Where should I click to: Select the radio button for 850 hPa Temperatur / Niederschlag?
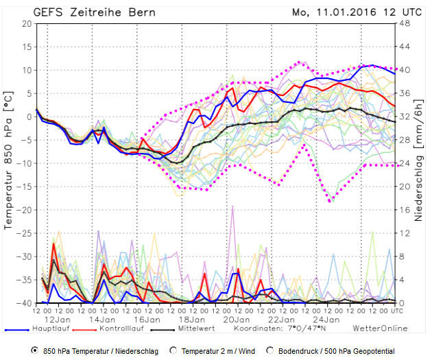35,350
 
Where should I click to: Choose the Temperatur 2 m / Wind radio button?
173,350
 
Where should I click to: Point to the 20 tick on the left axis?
27,23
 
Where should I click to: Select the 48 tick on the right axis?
405,23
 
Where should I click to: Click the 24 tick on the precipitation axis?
405,163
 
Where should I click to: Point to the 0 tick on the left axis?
29,117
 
